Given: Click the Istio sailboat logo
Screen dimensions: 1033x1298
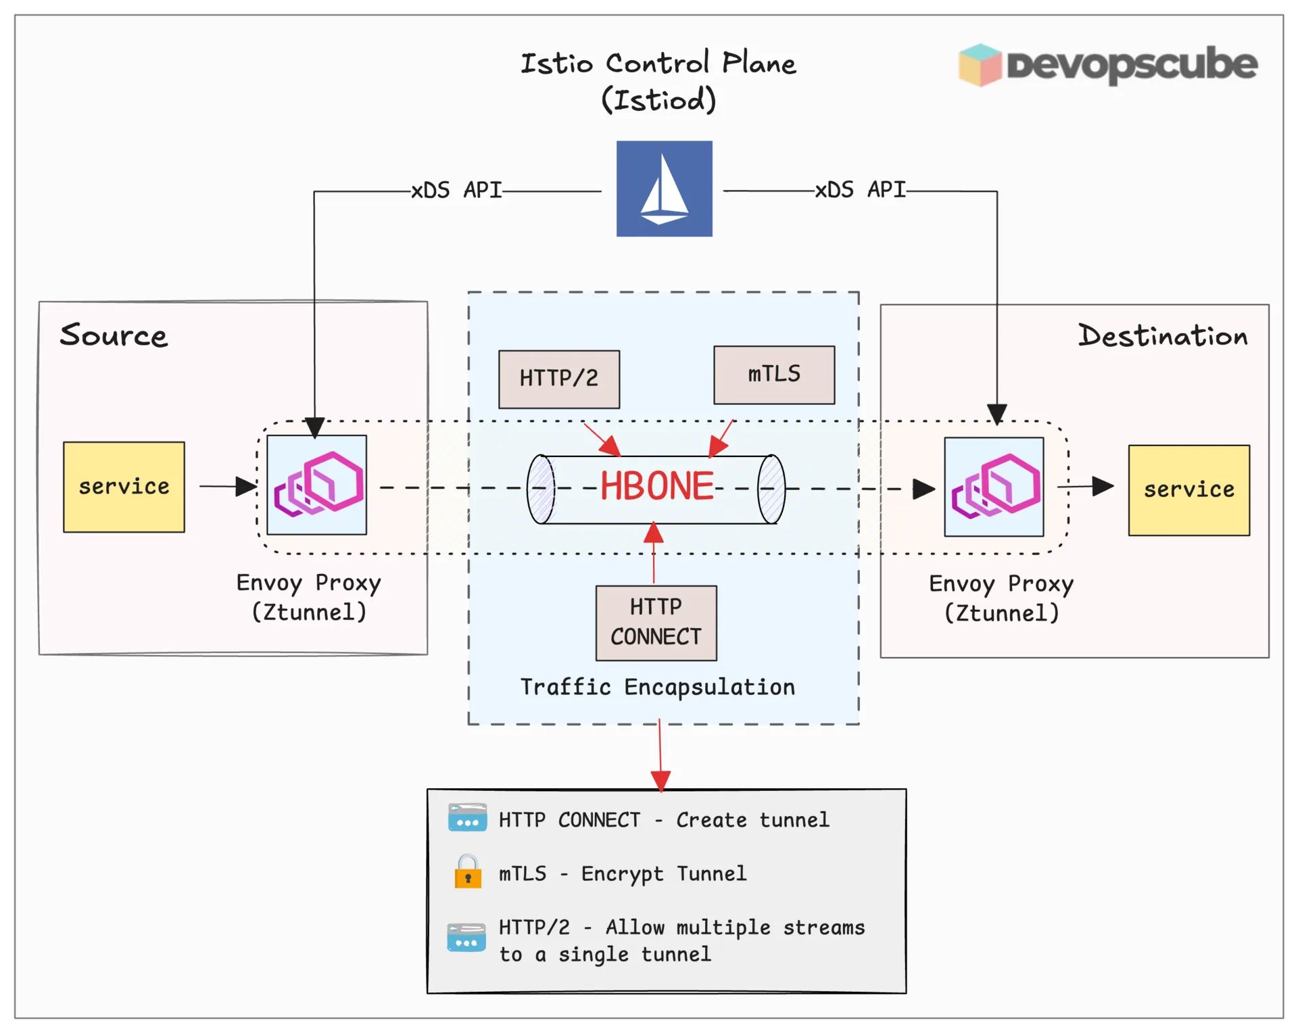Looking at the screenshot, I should [664, 189].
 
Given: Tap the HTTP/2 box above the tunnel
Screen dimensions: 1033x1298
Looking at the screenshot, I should [558, 379].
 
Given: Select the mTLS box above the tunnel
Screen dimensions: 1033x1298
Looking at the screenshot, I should [774, 375].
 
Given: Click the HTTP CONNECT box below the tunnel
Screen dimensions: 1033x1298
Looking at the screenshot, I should [656, 623].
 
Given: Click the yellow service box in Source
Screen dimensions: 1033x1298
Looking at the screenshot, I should [124, 487].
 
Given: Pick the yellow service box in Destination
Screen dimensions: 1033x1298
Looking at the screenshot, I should [1188, 490].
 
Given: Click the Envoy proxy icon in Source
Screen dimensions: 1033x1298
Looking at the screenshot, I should [317, 485].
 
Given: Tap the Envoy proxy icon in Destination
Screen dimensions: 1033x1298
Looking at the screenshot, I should [994, 487].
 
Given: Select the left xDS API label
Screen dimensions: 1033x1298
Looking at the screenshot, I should [456, 191].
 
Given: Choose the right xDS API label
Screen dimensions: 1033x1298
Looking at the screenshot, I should [860, 190].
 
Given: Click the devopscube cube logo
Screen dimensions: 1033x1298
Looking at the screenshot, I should [980, 65].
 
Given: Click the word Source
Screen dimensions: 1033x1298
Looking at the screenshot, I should [114, 335].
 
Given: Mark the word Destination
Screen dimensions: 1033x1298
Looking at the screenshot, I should [1163, 336].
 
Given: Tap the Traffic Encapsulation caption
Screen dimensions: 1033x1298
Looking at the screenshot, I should [657, 687].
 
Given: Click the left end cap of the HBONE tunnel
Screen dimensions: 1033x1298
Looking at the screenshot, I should [541, 489].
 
